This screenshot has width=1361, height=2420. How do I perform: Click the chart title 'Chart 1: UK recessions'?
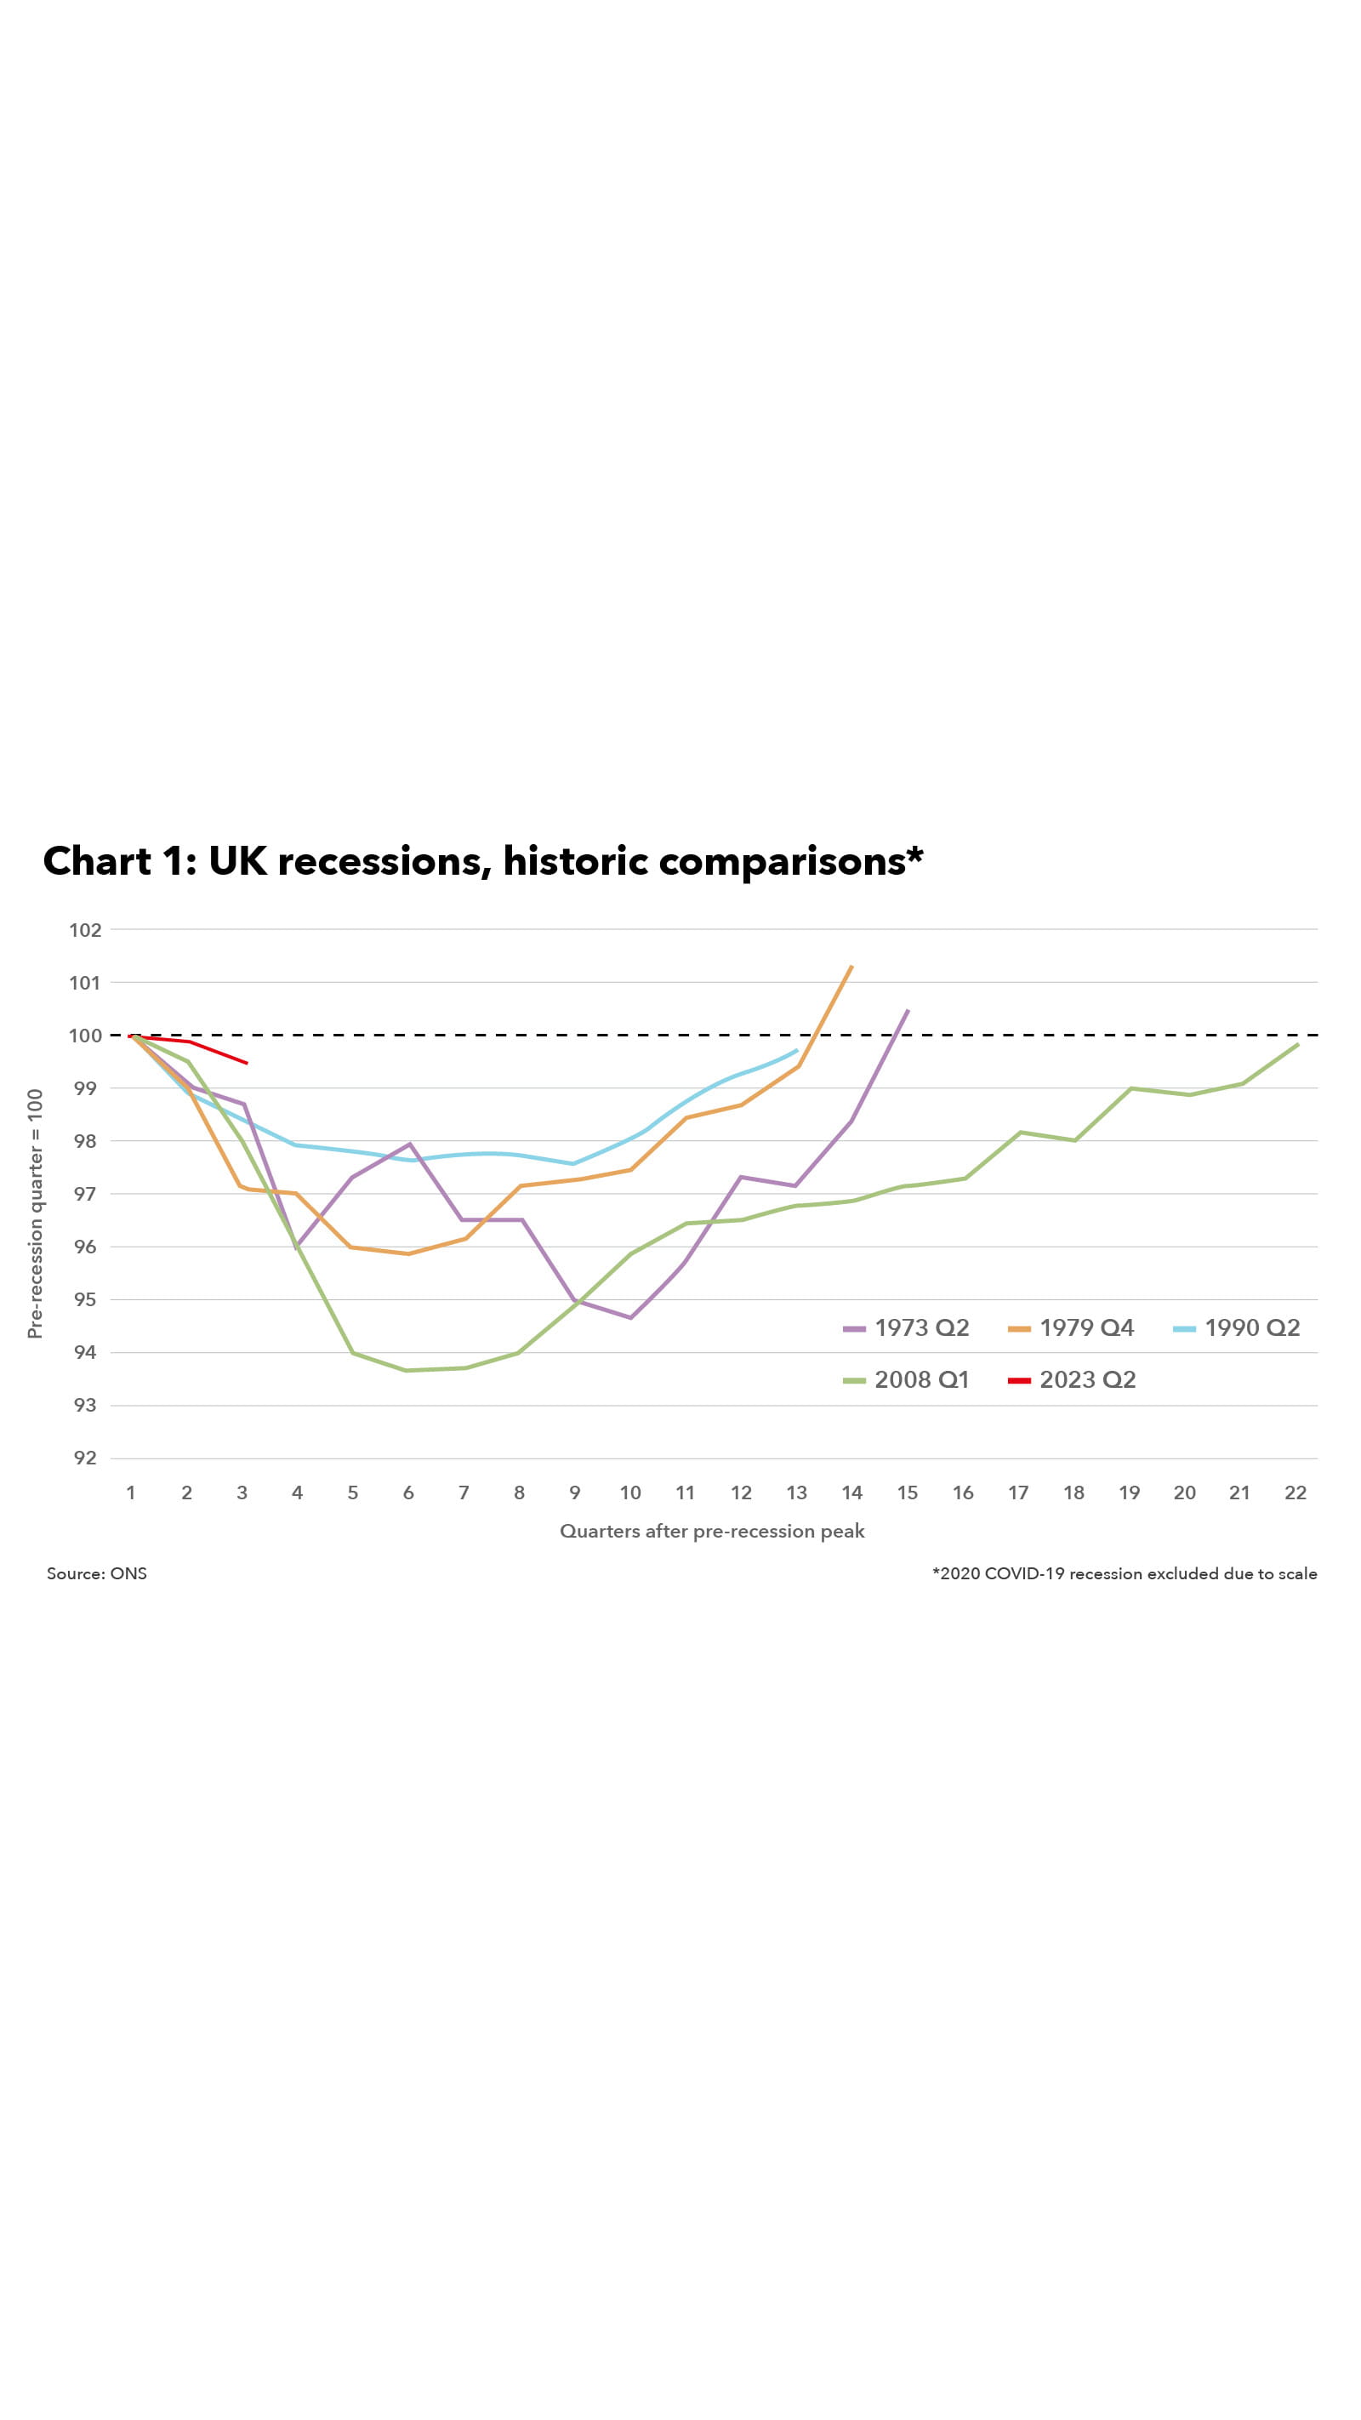[x=483, y=861]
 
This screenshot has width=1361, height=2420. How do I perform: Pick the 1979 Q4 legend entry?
[x=1072, y=1327]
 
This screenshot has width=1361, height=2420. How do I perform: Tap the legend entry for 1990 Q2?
[x=1238, y=1327]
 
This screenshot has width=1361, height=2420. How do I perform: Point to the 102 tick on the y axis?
[x=84, y=930]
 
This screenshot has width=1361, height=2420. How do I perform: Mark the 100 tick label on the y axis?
[x=84, y=1036]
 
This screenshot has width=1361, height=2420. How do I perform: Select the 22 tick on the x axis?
[x=1296, y=1493]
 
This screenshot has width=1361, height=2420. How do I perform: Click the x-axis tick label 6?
[x=408, y=1493]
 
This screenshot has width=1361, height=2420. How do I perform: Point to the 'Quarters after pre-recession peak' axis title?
[x=712, y=1532]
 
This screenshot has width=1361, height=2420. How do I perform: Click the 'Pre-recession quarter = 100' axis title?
[x=35, y=1213]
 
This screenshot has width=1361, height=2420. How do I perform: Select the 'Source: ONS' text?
[x=97, y=1573]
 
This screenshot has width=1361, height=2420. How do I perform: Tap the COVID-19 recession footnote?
[x=1125, y=1573]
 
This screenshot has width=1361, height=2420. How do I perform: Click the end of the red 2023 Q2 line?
[x=246, y=1063]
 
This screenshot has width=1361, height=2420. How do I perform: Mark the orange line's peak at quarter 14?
[x=851, y=966]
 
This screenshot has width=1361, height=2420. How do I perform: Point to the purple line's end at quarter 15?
[x=908, y=1011]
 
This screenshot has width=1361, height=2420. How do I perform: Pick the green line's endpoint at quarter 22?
[x=1297, y=1045]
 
